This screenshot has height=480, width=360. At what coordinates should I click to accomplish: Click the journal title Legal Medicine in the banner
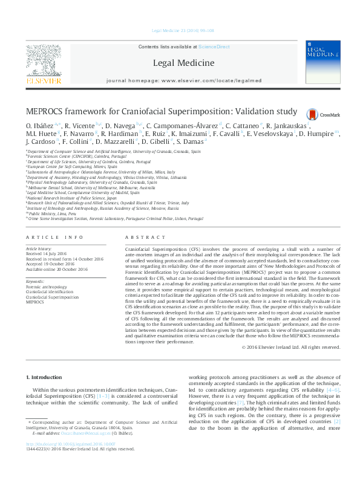click(x=183, y=63)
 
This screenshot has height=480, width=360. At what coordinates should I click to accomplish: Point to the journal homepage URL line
click(x=183, y=80)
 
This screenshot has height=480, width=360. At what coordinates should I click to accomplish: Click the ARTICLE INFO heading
click(x=54, y=238)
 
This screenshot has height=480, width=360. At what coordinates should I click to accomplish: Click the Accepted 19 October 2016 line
click(x=50, y=263)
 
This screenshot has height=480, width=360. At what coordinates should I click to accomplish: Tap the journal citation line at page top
click(x=180, y=30)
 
